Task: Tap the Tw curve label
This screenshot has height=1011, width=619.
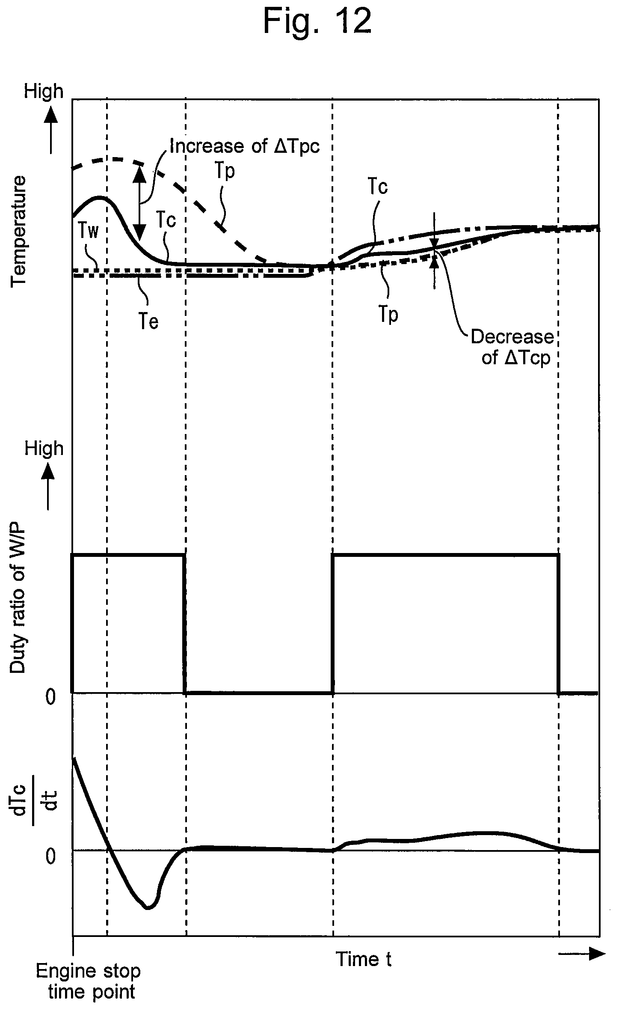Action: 89,232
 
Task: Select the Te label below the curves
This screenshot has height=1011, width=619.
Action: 148,321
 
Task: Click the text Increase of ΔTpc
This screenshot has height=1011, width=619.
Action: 245,146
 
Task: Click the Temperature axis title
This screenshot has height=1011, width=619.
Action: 19,232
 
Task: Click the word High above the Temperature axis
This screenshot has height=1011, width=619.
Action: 44,92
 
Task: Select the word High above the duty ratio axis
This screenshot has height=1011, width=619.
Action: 44,449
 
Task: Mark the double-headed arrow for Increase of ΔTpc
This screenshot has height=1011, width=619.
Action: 139,203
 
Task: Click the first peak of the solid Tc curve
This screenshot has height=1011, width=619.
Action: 100,197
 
